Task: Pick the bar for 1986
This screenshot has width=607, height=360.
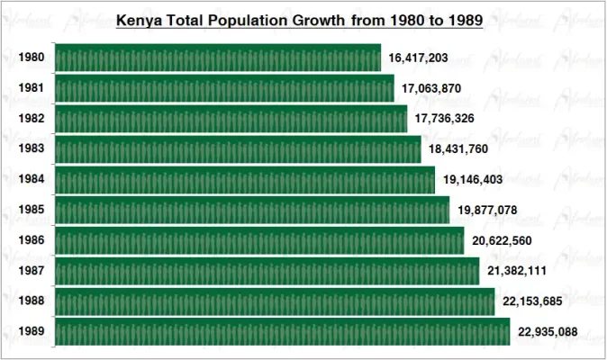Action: tap(259, 241)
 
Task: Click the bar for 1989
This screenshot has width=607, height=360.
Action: tap(282, 332)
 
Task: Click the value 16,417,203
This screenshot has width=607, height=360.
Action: tap(419, 58)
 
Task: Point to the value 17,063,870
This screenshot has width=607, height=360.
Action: tap(432, 89)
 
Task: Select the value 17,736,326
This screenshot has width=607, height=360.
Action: tap(445, 119)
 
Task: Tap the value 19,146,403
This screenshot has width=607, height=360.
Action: tap(473, 180)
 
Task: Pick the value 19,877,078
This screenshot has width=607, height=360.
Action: tap(487, 211)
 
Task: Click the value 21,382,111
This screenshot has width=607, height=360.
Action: tap(517, 272)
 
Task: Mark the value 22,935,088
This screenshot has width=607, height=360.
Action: tap(548, 333)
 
